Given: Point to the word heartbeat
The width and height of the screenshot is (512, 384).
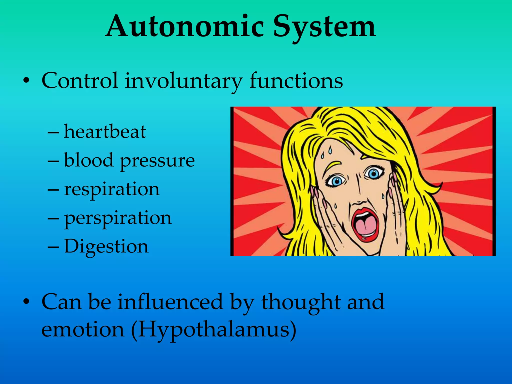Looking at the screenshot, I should point(105,131).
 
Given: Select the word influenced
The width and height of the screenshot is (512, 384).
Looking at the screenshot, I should point(170,302).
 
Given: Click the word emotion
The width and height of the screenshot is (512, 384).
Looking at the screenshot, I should point(83,329).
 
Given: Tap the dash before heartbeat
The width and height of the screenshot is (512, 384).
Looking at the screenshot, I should point(53,132).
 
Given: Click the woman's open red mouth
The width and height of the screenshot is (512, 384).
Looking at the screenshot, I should point(365,224).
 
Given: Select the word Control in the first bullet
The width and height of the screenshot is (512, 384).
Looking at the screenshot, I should point(80,80).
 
